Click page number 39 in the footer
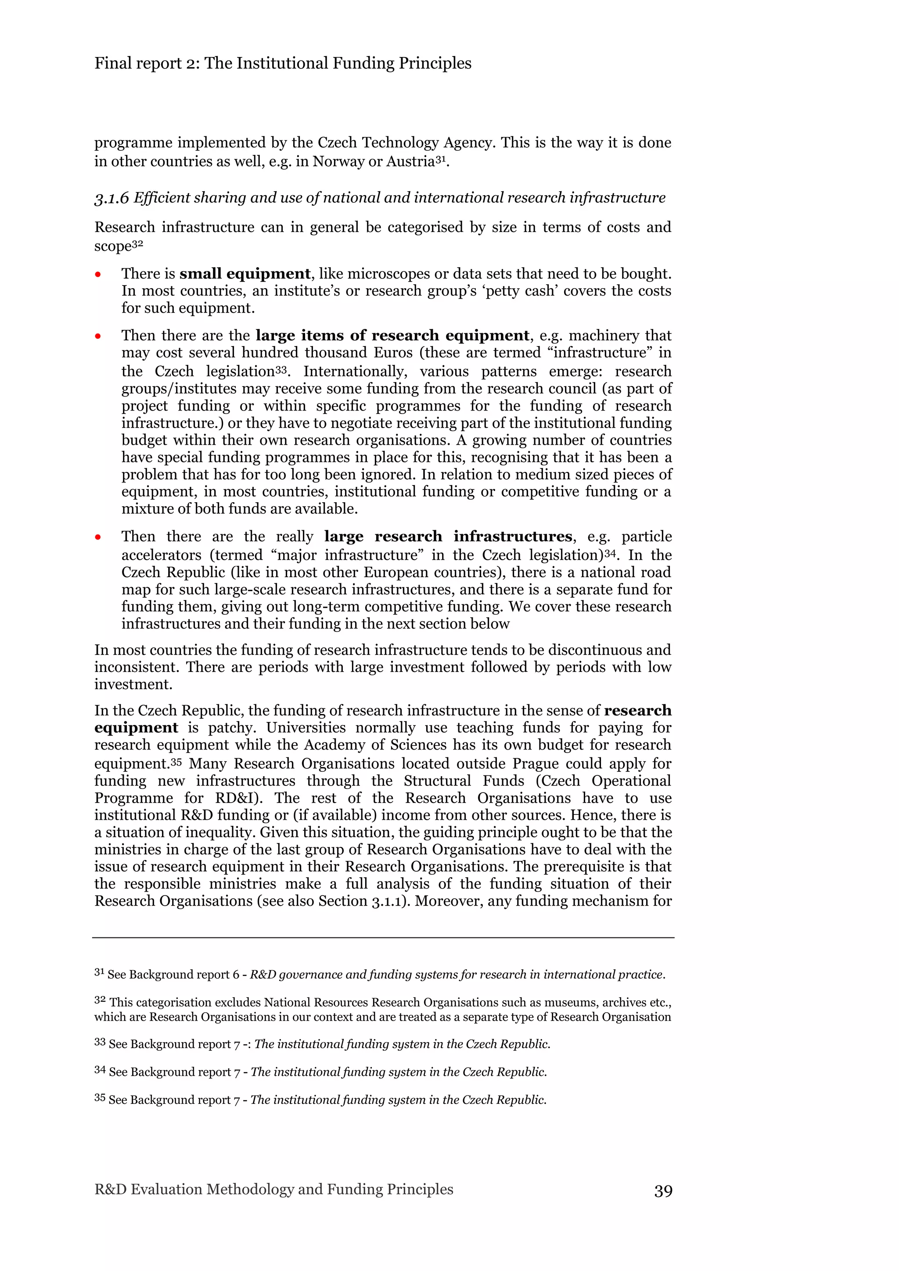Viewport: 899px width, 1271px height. [x=663, y=1191]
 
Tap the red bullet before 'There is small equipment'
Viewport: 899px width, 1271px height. [x=98, y=275]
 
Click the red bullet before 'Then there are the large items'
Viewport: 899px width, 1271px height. [x=98, y=336]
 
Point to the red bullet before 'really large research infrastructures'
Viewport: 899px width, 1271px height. [x=98, y=537]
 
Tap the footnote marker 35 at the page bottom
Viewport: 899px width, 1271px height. [x=100, y=1098]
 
